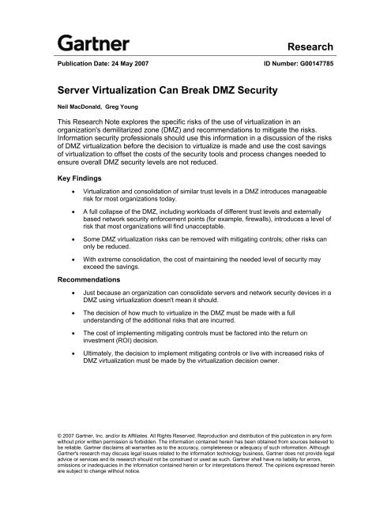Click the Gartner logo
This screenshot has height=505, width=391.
88,40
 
